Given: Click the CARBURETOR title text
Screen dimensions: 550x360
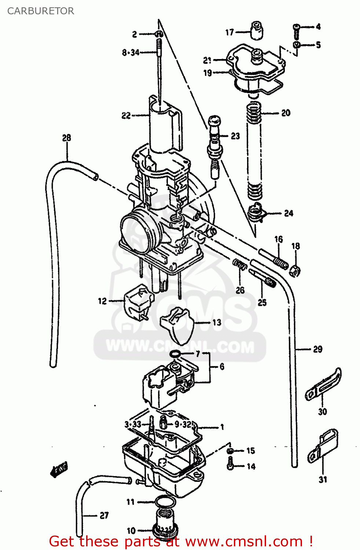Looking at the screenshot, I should pyautogui.click(x=40, y=11).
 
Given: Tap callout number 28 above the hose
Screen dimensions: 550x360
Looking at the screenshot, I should pyautogui.click(x=66, y=138).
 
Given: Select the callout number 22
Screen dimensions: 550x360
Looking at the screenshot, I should pyautogui.click(x=126, y=115).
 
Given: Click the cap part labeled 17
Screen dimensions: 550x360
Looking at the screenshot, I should pyautogui.click(x=257, y=30).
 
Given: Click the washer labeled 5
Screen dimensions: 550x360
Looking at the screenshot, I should pyautogui.click(x=297, y=45).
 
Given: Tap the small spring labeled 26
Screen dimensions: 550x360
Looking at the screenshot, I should pyautogui.click(x=240, y=264).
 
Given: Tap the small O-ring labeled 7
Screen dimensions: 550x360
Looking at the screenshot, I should pyautogui.click(x=175, y=354).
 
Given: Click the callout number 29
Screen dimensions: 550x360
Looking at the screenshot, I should pyautogui.click(x=317, y=349).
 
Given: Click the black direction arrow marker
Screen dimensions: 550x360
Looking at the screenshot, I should pyautogui.click(x=59, y=469).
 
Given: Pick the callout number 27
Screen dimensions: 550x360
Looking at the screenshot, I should pyautogui.click(x=104, y=516).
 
